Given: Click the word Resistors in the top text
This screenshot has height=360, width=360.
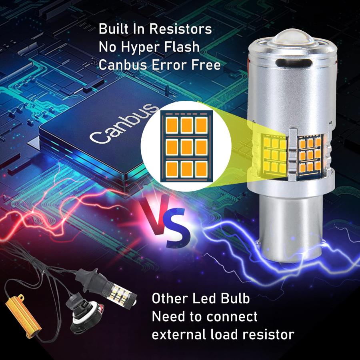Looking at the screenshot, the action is coord(180,29).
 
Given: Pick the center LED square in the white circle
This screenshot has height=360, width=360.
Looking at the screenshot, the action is coord(186,147).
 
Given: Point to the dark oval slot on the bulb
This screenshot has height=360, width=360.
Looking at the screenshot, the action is coord(294,63).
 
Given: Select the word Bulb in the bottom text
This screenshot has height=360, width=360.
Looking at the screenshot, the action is coord(235,298).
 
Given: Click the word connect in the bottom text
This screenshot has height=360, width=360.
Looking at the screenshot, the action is coord(232,317).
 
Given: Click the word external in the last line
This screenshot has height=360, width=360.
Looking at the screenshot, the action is coord(179,334).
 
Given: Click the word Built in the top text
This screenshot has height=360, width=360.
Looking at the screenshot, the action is coord(114,29).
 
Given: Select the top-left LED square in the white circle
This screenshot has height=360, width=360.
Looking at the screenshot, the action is coord(172,125).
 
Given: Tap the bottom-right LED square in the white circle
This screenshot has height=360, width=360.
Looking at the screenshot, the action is coord(201,170).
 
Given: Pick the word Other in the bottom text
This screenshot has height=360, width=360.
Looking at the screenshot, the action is coord(170,298).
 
